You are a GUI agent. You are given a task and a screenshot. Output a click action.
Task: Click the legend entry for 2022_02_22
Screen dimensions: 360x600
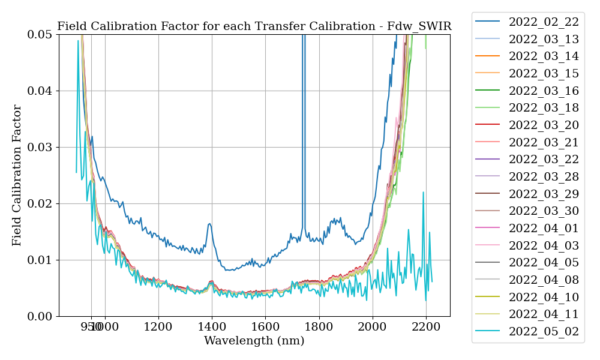543,22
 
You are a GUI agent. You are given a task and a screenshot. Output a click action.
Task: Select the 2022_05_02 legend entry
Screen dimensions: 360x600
543,332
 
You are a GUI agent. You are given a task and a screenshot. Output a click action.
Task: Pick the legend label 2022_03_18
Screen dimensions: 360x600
543,108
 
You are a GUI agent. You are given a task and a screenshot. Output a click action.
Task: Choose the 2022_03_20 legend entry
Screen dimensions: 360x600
543,125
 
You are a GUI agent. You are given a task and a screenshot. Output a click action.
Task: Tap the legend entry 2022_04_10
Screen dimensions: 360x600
543,298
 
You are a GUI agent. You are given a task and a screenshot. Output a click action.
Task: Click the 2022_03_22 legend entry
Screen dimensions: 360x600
543,160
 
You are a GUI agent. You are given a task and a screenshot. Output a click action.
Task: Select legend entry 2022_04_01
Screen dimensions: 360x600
543,229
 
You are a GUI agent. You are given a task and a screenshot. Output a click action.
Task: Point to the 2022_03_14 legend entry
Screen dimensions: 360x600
543,56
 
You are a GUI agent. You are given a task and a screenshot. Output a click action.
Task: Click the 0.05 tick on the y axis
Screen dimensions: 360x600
40,35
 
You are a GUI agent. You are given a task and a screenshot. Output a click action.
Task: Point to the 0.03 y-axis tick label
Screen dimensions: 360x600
40,148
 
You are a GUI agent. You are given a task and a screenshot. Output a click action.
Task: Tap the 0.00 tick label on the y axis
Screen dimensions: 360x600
40,317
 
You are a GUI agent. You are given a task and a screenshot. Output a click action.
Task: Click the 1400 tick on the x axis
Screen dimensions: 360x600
212,328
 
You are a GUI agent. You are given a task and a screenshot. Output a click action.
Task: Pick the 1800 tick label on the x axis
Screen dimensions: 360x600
319,328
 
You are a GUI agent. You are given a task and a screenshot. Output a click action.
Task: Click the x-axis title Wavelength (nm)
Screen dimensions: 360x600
254,341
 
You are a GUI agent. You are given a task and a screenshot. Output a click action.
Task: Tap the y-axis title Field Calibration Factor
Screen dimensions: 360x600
17,175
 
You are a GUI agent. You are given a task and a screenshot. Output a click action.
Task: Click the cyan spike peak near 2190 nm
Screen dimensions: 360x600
423,193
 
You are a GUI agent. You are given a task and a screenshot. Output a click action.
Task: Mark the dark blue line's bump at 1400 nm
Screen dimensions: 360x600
209,224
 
